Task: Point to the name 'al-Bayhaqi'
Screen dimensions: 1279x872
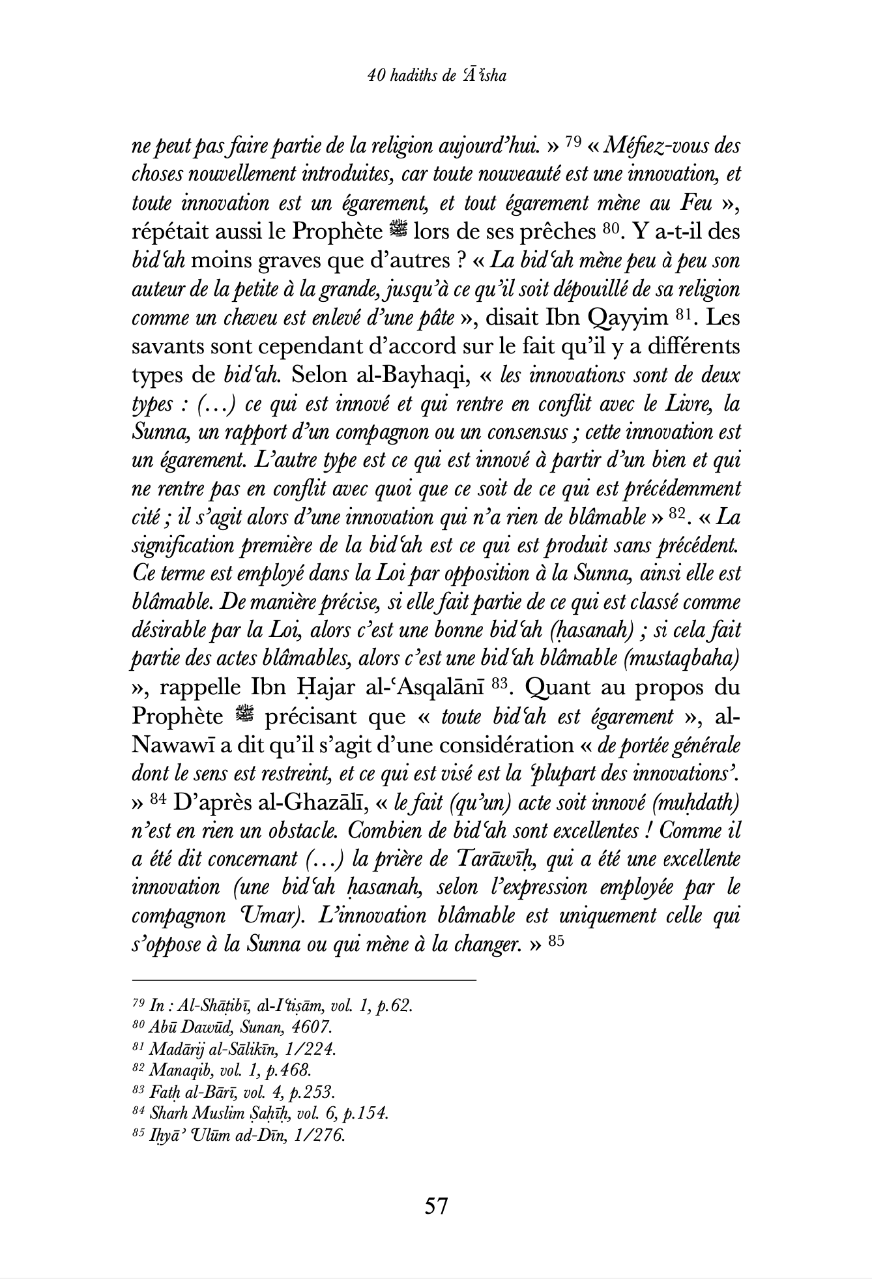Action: click(413, 375)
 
